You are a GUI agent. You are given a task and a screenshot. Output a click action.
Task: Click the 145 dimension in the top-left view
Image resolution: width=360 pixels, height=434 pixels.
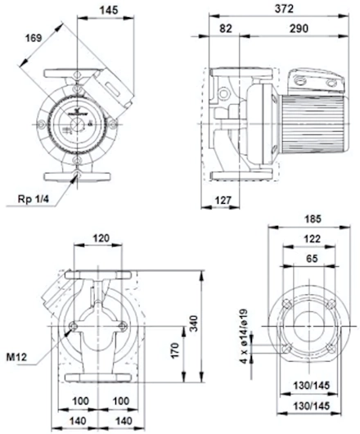pos(109,10)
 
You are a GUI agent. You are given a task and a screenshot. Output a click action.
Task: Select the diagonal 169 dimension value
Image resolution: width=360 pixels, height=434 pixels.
pos(34,38)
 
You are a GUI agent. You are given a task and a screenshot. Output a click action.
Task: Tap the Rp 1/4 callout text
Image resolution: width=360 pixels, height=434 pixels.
pos(34,199)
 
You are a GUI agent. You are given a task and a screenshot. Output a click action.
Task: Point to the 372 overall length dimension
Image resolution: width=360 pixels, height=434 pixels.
pos(284,9)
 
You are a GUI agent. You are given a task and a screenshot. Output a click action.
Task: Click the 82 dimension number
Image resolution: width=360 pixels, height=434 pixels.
pos(226,29)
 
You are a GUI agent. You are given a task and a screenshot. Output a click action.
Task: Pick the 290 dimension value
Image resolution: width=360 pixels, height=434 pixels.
pos(299,29)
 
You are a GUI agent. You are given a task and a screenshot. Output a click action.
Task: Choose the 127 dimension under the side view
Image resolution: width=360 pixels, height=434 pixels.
pos(223,200)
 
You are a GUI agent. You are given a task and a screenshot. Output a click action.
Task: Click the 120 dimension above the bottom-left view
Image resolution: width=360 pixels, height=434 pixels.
pos(101,238)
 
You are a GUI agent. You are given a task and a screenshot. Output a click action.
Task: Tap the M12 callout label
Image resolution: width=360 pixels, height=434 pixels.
pos(17,357)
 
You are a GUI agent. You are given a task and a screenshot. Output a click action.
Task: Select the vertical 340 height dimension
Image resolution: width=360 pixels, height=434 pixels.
pos(194,323)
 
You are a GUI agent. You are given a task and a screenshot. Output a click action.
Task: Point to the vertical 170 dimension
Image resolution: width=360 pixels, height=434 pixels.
pos(175,350)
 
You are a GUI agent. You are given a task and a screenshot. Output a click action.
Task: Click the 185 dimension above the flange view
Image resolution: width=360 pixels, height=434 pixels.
pos(313,219)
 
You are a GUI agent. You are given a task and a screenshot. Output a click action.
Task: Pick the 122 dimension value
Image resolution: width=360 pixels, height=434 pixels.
pos(312,238)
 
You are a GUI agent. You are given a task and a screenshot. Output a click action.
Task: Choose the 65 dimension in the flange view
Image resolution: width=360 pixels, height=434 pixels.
pos(313,259)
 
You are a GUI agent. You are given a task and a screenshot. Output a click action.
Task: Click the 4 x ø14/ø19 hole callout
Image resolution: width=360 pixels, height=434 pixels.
pos(243,337)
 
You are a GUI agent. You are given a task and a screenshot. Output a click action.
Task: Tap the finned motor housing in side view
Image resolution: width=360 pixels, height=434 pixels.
pos(313,124)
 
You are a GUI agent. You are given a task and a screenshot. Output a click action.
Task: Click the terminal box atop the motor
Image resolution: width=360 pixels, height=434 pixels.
pos(316,80)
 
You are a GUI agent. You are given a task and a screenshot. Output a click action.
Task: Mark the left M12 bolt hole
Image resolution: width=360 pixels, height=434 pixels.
pos(74,327)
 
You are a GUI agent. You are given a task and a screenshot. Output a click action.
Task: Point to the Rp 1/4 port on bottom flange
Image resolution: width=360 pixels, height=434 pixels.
pos(78,174)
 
